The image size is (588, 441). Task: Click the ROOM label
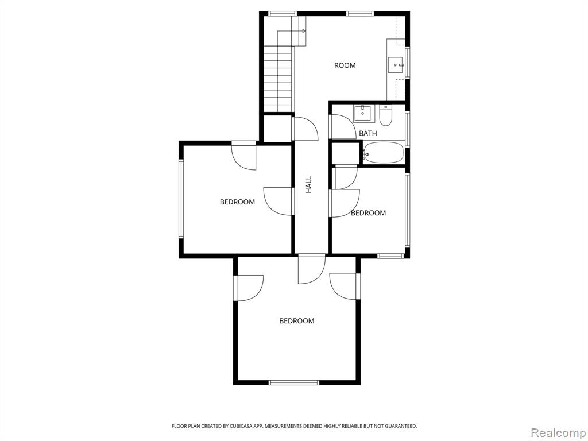tap(345, 65)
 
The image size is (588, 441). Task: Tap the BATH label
tap(368, 133)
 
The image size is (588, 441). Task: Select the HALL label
tap(308, 185)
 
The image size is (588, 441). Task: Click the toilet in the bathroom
tap(385, 115)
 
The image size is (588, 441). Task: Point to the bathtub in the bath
tap(383, 152)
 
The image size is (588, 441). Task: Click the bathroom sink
tap(363, 113)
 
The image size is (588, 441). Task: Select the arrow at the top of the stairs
tap(291, 32)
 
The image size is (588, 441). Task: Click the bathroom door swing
tap(343, 127)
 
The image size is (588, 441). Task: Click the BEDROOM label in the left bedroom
tap(237, 202)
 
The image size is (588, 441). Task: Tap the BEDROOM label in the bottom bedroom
tap(297, 320)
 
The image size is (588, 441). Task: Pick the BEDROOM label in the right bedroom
tap(368, 213)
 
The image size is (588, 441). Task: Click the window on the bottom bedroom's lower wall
tap(294, 382)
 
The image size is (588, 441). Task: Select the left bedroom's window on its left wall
tap(181, 199)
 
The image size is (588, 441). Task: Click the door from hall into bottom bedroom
tap(312, 269)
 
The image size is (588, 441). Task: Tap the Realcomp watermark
tap(558, 432)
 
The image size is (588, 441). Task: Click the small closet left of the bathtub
tap(345, 152)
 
